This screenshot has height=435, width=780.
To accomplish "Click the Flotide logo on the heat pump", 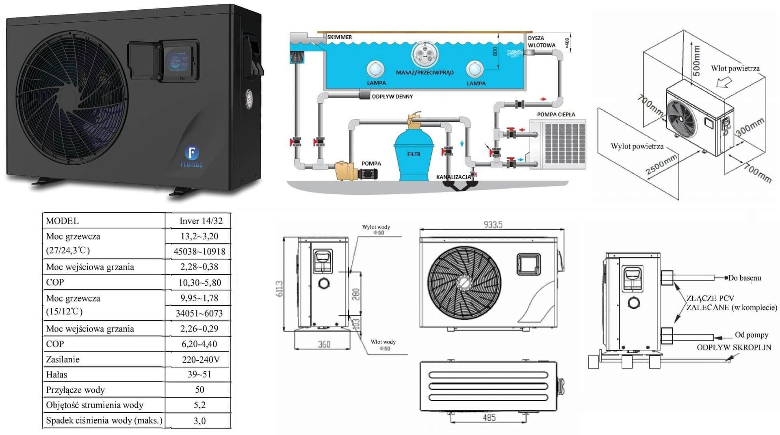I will point(192,154).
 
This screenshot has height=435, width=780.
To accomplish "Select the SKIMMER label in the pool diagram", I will point(340,37).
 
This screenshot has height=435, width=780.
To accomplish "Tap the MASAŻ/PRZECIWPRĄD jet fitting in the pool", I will point(425,54).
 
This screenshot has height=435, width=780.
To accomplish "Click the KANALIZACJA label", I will point(453,177).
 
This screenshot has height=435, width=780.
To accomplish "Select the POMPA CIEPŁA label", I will point(556,114).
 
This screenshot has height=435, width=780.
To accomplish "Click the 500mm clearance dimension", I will point(696,60).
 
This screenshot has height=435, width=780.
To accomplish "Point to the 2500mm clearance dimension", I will point(661,165).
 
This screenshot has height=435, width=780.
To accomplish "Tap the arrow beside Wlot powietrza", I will point(724,82).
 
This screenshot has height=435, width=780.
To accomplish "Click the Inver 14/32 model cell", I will point(201,221).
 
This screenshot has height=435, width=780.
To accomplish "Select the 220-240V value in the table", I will point(201,359).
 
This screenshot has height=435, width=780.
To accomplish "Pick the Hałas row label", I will point(56,375).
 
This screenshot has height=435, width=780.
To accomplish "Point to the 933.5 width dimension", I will point(493,224).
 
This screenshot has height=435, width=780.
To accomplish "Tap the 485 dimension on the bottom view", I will point(489,418).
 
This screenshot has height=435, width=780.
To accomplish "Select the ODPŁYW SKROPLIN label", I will point(734,347).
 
